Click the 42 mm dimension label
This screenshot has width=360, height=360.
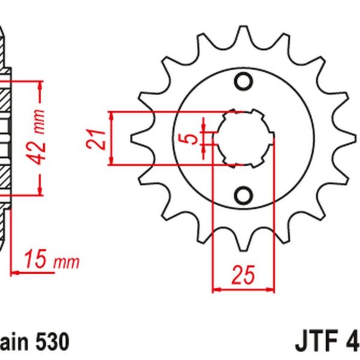coord(38,137)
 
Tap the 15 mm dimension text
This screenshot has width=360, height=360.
coord(52,262)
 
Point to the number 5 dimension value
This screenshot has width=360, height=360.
coord(191,139)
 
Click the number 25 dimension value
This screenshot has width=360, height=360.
coord(243,275)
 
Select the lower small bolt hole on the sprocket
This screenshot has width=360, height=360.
coord(243,196)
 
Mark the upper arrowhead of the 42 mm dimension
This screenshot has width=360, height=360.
coord(41,85)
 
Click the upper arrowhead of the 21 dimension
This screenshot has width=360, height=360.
coord(112,117)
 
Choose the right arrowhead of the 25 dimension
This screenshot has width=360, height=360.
coord(269,289)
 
